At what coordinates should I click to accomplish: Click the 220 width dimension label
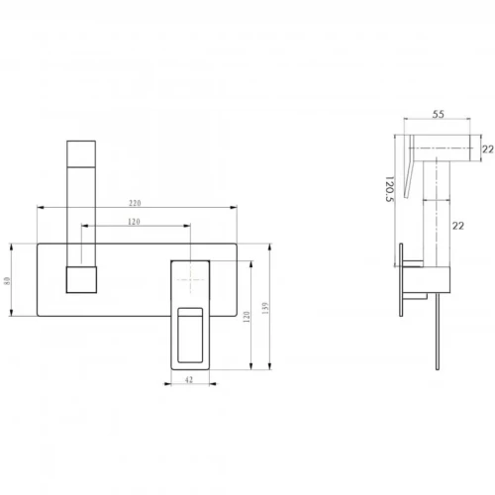click(x=135, y=203)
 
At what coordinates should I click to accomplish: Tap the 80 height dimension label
click(x=7, y=281)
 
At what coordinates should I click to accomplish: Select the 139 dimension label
click(x=266, y=308)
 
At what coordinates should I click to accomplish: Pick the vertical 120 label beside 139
click(x=247, y=317)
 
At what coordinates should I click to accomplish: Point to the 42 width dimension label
click(x=188, y=380)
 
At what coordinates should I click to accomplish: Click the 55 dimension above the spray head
click(x=439, y=114)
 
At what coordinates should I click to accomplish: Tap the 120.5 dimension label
click(x=390, y=189)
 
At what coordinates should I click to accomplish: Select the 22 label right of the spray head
click(x=488, y=149)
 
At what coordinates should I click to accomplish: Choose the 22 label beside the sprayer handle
click(x=458, y=226)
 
